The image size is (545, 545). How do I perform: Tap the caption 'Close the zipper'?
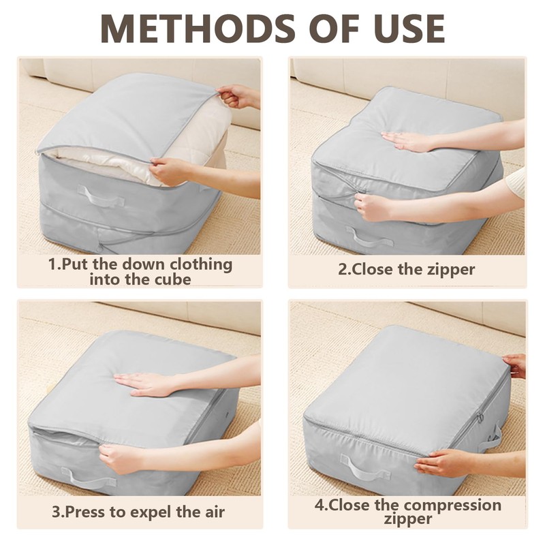[x=407, y=268]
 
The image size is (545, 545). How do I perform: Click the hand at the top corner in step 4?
[x=514, y=365]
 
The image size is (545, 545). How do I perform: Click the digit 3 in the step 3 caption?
[x=57, y=511]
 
